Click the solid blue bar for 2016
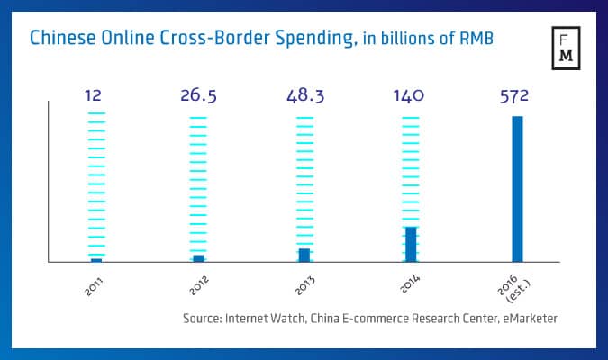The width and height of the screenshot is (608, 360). click(x=517, y=189)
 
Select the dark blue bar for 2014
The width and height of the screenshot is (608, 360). click(x=411, y=244)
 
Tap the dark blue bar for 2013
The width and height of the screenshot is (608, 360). click(x=304, y=255)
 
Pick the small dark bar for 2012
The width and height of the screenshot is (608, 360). click(x=199, y=258)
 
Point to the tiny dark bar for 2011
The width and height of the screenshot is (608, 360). click(x=96, y=260)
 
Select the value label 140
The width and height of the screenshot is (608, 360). click(x=411, y=95)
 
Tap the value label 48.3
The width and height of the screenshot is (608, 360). click(x=304, y=95)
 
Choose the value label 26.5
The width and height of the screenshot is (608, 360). click(x=199, y=95)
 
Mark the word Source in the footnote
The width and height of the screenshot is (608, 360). click(x=200, y=318)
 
